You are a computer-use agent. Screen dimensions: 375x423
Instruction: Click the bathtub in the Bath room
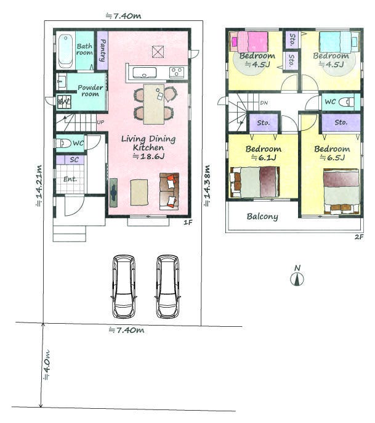pyautogui.click(x=66, y=51)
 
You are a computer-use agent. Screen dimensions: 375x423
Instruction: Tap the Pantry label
pyautogui.click(x=102, y=51)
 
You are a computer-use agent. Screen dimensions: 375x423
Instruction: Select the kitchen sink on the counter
pyautogui.click(x=145, y=73)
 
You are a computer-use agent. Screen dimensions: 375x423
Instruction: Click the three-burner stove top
pyautogui.click(x=177, y=72)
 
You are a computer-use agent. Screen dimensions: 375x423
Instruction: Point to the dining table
pyautogui.click(x=154, y=104)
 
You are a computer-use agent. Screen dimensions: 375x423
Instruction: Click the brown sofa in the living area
pyautogui.click(x=169, y=191)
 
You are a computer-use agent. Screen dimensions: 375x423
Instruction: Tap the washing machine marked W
pyautogui.click(x=64, y=102)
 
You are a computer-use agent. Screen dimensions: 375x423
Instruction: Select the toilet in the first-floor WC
pyautogui.click(x=63, y=143)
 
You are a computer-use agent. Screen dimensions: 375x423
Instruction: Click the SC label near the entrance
pyautogui.click(x=74, y=160)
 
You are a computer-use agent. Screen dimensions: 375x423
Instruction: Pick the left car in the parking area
pyautogui.click(x=124, y=286)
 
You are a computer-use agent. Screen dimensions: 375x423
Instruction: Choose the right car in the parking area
pyautogui.click(x=168, y=286)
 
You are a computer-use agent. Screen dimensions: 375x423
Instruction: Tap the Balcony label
pyautogui.click(x=262, y=216)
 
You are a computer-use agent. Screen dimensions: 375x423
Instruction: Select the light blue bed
pyautogui.click(x=339, y=42)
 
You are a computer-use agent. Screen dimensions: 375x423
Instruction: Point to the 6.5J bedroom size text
pyautogui.click(x=332, y=157)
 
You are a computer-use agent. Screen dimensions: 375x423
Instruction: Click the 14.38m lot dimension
pyautogui.click(x=207, y=186)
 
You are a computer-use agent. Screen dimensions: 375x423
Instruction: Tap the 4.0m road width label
pyautogui.click(x=46, y=365)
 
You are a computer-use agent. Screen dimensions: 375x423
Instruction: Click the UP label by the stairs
pyautogui.click(x=100, y=122)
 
